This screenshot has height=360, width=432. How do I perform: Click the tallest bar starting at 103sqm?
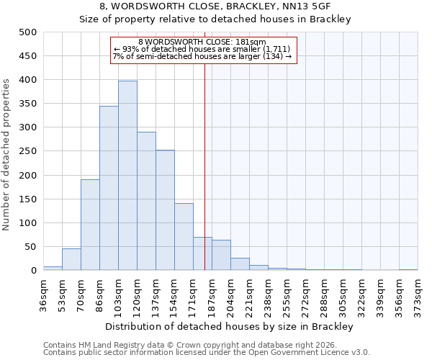click(x=127, y=176)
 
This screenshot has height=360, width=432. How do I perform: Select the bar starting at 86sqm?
click(x=109, y=188)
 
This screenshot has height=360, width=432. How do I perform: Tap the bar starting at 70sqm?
click(x=90, y=225)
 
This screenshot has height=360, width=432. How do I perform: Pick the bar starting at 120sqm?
click(x=146, y=201)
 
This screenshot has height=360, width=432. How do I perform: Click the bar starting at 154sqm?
click(x=184, y=237)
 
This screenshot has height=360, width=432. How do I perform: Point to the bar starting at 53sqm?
click(x=71, y=259)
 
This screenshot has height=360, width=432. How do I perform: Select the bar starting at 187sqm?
click(x=221, y=255)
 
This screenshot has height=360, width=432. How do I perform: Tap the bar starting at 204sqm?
click(x=240, y=264)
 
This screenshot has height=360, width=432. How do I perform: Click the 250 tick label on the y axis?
click(x=27, y=151)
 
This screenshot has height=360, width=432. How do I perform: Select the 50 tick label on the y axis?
click(x=30, y=247)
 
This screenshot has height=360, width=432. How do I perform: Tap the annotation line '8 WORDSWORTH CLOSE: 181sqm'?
click(x=202, y=42)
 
